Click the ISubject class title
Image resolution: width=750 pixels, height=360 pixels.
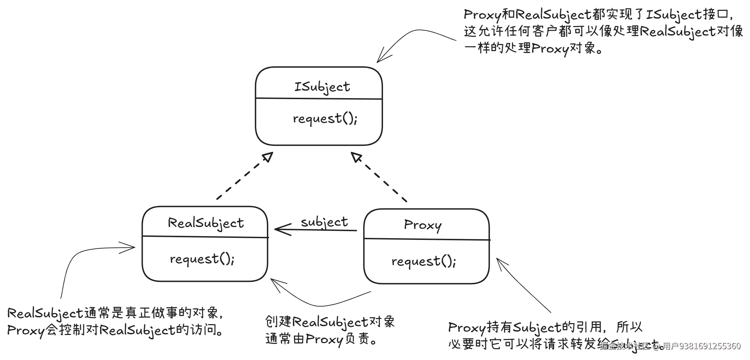322,87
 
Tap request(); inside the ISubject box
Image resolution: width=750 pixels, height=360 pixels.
325,118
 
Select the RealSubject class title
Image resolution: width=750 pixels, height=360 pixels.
206,223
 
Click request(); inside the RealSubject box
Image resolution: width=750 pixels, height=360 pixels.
202,259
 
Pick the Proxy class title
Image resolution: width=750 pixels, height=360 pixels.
423,225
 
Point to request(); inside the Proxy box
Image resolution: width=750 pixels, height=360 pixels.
424,261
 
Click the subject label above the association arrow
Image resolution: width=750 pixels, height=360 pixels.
324,222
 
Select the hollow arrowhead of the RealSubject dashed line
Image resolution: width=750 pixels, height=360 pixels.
268,157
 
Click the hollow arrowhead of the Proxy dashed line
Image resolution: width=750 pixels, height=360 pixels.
356,157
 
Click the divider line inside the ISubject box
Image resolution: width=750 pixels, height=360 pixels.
319,99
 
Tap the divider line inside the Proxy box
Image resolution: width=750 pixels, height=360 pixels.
427,239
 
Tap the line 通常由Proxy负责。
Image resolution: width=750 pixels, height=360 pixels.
321,339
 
